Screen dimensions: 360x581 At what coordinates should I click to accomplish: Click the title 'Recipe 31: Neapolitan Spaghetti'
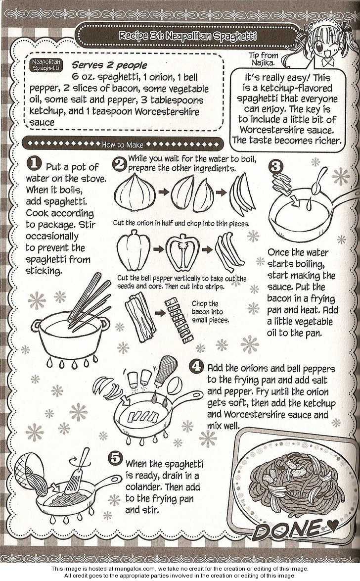(x=187, y=36)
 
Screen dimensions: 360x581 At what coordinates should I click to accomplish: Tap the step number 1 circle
(x=34, y=163)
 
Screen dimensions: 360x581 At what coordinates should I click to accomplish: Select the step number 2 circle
(x=120, y=163)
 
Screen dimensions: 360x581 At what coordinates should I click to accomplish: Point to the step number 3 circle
(x=275, y=166)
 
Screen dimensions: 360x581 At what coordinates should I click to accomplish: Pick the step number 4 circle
(x=196, y=366)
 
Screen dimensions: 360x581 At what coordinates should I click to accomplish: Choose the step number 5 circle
(x=116, y=458)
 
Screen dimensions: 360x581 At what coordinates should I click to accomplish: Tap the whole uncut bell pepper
(x=134, y=250)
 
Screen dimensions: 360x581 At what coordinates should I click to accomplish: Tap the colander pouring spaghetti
(x=30, y=471)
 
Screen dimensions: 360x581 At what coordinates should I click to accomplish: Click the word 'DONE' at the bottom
(x=287, y=529)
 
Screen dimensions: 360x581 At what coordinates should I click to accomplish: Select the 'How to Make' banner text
(x=123, y=145)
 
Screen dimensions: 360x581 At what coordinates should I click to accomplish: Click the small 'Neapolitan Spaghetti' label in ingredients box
(x=46, y=65)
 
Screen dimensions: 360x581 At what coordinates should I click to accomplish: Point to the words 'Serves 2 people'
(x=109, y=65)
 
